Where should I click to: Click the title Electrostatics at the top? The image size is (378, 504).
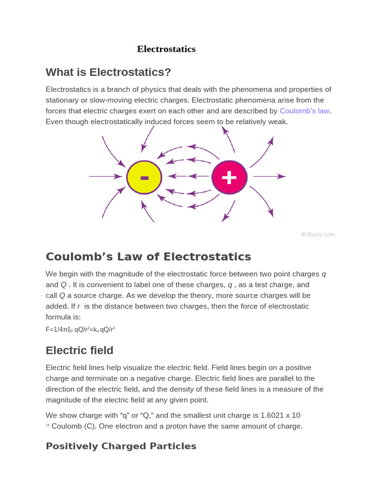[x=166, y=49]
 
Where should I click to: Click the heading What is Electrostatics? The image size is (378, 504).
[x=108, y=72]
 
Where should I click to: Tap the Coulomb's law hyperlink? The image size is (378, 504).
[x=304, y=111]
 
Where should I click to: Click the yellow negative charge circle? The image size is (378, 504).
[x=144, y=177]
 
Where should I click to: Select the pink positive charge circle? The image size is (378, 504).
[x=229, y=177]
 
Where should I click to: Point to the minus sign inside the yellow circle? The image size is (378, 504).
[x=144, y=178]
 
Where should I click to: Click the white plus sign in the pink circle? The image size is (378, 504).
[x=229, y=177]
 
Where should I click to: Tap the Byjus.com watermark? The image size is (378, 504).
[x=317, y=234]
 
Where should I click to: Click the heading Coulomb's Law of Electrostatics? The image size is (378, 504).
[x=148, y=257]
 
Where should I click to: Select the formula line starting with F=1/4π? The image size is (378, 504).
[x=80, y=329]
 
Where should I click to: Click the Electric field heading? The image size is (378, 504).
[x=79, y=350]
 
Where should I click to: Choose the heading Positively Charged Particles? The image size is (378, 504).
[x=121, y=446]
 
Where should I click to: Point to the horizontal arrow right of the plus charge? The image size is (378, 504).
[x=269, y=176]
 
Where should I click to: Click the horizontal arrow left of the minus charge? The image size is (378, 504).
[x=105, y=176]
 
